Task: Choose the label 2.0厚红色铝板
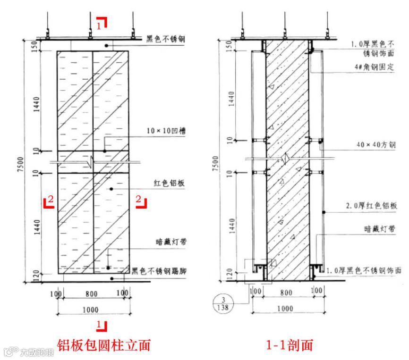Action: coord(373,206)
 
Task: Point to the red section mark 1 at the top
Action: coord(102,23)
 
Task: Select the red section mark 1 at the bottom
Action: coord(102,325)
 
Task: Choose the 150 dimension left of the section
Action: coord(229,46)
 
